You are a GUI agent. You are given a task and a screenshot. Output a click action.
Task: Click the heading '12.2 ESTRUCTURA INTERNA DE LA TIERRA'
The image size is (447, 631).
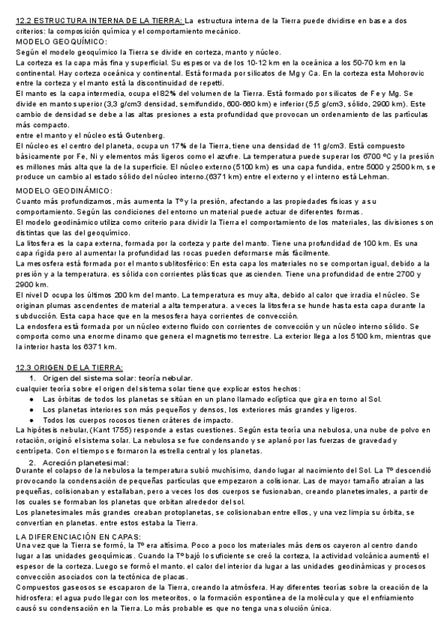pyautogui.click(x=100, y=22)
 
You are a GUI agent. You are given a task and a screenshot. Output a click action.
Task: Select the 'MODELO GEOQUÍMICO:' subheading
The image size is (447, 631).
pyautogui.click(x=62, y=42)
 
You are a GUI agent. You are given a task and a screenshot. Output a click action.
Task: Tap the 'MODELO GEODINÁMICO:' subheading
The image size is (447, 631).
pyautogui.click(x=64, y=190)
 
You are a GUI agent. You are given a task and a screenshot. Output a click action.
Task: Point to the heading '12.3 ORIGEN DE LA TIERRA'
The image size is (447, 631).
pyautogui.click(x=74, y=368)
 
